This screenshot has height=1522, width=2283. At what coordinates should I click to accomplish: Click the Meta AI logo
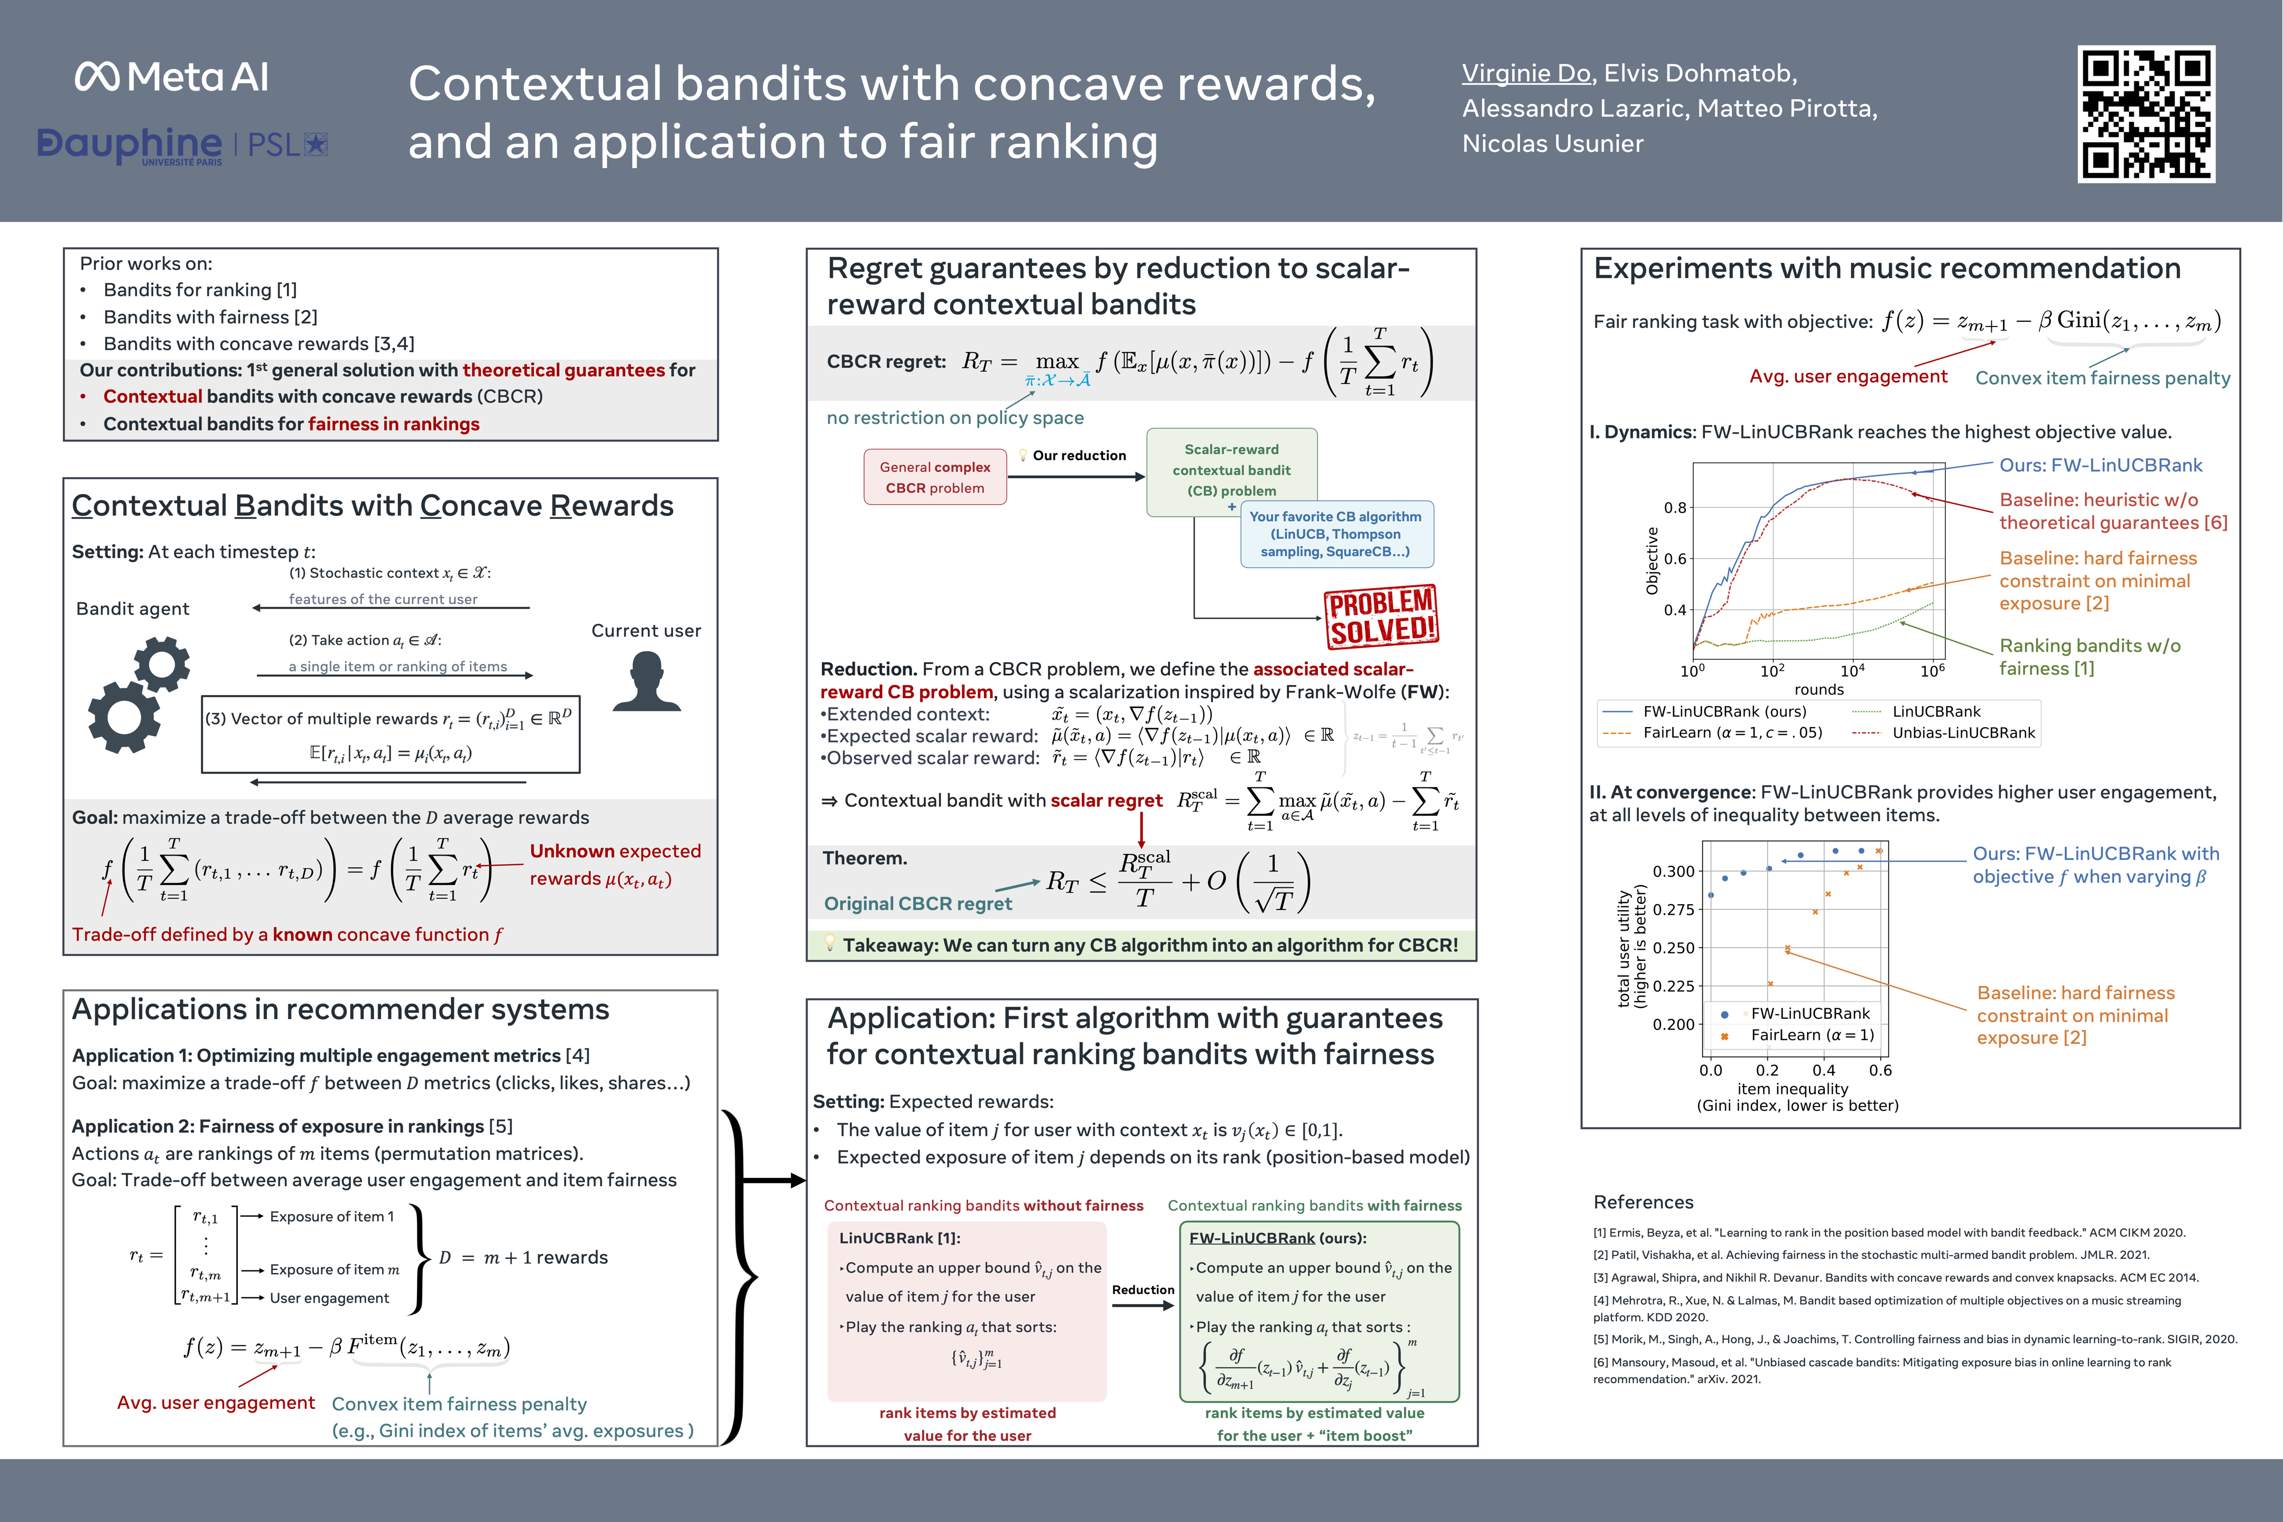coord(172,77)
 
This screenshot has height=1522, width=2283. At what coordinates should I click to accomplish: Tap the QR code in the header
coord(2146,114)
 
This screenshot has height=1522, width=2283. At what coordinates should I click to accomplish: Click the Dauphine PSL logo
coord(182,146)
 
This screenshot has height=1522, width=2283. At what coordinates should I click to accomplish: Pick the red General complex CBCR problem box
coord(935,477)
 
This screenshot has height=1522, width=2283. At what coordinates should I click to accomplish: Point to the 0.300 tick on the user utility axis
coord(1674,871)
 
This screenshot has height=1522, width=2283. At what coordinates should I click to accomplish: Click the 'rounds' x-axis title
coord(1818,689)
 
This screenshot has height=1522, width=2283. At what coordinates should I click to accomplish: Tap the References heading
coord(1644,1202)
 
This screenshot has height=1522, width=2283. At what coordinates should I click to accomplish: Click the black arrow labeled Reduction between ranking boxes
coord(1143,1305)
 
